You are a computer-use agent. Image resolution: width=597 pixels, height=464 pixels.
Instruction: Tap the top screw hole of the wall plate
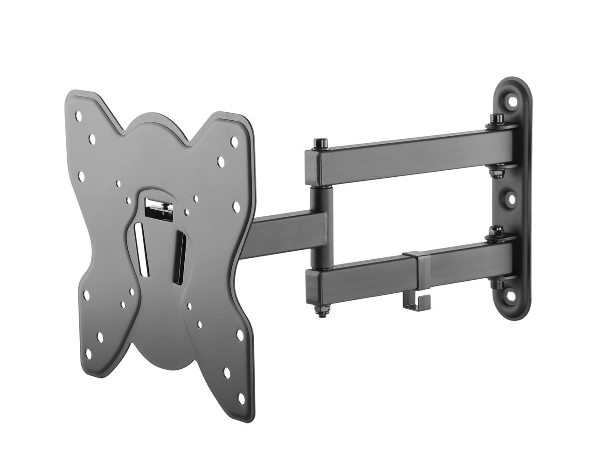pyautogui.click(x=514, y=98)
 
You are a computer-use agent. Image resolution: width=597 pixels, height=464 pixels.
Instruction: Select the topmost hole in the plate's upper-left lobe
pyautogui.click(x=78, y=115)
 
